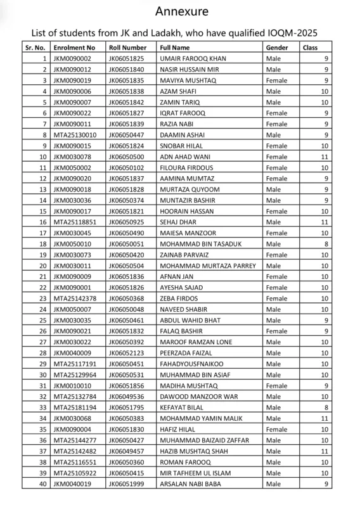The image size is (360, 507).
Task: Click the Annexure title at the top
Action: (x=180, y=11)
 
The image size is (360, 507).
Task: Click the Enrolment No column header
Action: (x=75, y=48)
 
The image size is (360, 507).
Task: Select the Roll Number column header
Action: (x=127, y=48)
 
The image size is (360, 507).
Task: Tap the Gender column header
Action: (x=277, y=48)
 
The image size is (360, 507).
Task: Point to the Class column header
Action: (x=311, y=48)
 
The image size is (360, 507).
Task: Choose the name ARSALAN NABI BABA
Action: (x=192, y=484)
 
